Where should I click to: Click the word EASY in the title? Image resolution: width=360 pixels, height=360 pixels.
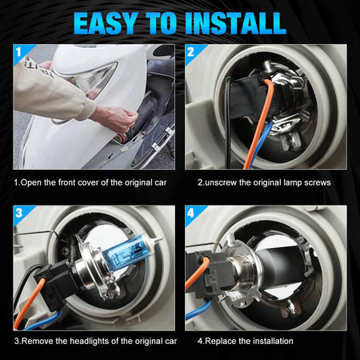point(106,23)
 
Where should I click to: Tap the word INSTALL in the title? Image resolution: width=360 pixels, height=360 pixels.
point(235,23)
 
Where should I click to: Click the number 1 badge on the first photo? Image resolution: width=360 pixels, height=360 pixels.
point(18,52)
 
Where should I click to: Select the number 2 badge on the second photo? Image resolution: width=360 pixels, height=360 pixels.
point(190,52)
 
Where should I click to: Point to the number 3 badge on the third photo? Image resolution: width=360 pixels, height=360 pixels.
point(19,213)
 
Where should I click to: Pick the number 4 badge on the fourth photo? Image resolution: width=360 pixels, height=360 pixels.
point(190,213)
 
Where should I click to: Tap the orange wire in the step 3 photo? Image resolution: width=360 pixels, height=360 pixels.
point(28,302)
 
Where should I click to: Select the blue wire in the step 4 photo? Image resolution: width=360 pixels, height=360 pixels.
point(198,310)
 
